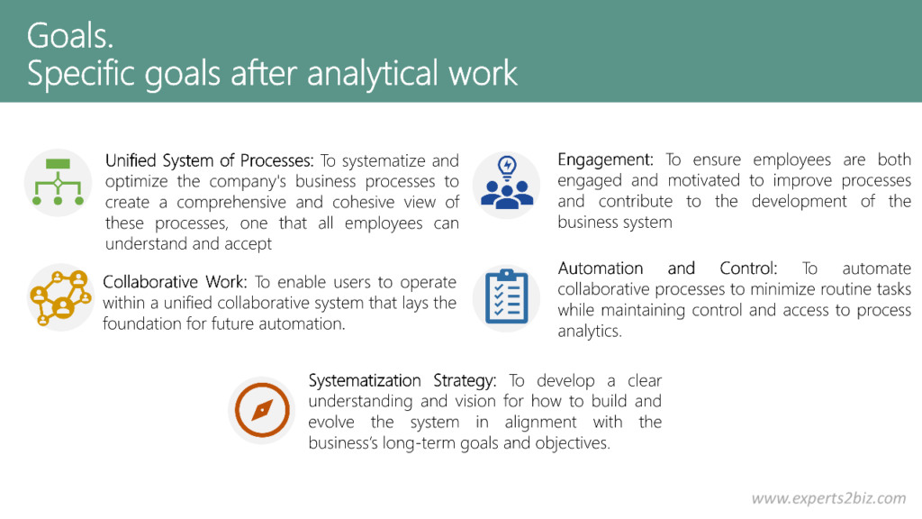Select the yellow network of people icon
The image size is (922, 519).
(60, 296)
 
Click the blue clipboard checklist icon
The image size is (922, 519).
(507, 296)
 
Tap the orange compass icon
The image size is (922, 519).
(262, 411)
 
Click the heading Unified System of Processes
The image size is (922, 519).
(209, 161)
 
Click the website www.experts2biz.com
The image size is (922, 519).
(828, 498)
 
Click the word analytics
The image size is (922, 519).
(589, 331)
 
